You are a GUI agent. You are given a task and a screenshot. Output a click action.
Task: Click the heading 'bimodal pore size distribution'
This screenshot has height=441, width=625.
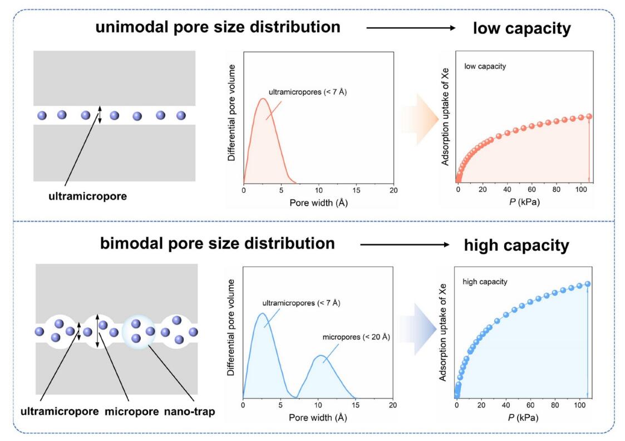pyautogui.click(x=218, y=244)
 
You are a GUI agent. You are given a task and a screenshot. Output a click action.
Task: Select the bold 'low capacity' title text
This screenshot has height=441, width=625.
pyautogui.click(x=521, y=28)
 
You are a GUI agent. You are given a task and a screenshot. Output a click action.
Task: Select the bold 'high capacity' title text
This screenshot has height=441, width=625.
pyautogui.click(x=521, y=245)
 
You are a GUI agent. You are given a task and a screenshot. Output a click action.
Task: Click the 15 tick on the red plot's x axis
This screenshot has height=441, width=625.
pyautogui.click(x=356, y=191)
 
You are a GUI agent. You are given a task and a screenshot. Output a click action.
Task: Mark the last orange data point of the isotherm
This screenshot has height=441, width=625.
pyautogui.click(x=589, y=116)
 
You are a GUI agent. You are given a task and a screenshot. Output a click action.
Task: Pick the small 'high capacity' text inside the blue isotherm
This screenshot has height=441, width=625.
pyautogui.click(x=485, y=282)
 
